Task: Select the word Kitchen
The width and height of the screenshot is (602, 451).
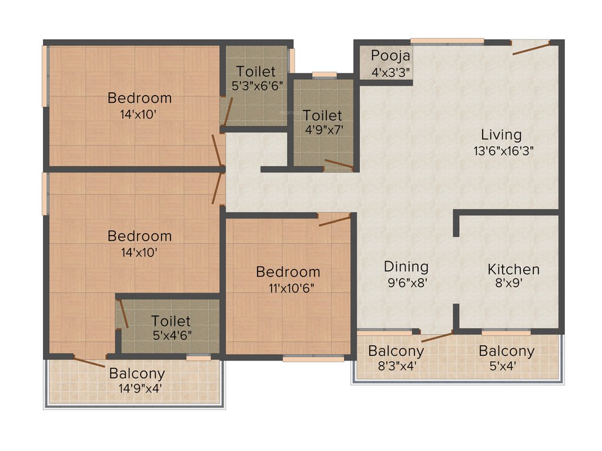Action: [x=513, y=270]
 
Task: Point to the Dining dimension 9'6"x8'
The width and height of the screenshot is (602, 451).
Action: [x=406, y=282]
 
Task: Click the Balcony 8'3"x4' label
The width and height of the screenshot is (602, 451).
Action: [x=396, y=352]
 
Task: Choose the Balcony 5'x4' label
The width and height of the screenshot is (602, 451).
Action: [x=506, y=352]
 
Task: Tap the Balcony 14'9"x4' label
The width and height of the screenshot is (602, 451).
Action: [x=137, y=373]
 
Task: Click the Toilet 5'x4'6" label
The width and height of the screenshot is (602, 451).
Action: [x=171, y=322]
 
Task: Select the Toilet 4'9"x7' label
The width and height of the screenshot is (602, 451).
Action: [x=323, y=116]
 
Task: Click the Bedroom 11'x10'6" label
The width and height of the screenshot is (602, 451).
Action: [x=288, y=272]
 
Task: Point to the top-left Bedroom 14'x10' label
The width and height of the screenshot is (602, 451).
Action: [x=139, y=98]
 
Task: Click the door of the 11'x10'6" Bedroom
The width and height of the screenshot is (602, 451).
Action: [x=335, y=220]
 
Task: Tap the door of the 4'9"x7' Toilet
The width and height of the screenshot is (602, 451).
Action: [x=339, y=164]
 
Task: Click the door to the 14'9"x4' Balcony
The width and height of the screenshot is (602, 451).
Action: [x=89, y=361]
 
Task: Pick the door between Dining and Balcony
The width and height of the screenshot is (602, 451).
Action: [x=437, y=336]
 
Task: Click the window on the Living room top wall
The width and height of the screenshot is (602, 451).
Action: [x=447, y=42]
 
